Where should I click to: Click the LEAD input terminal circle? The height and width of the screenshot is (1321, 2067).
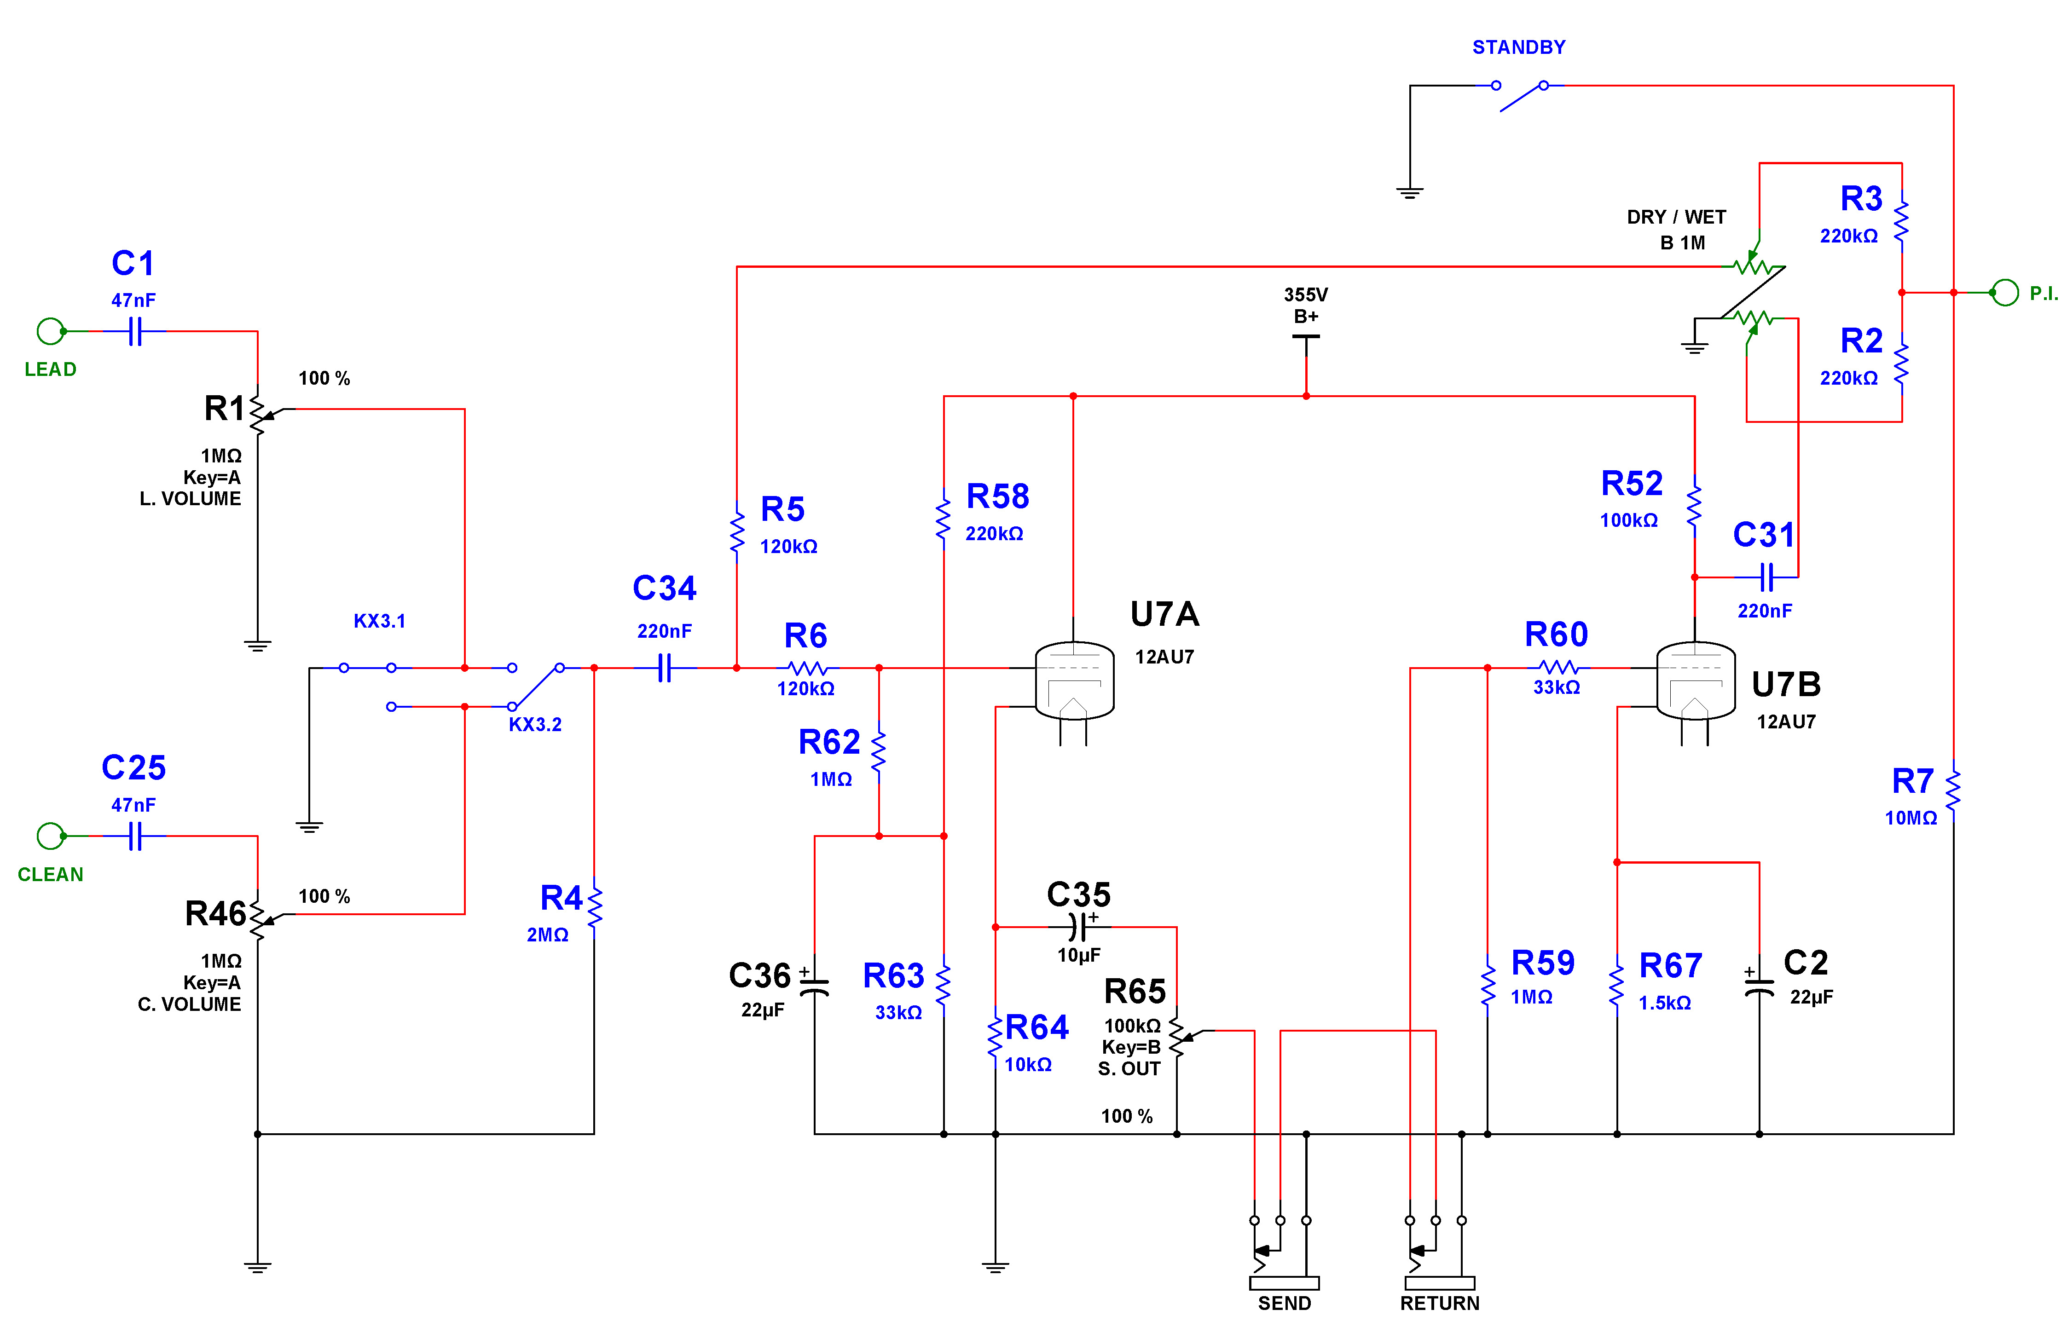(x=51, y=331)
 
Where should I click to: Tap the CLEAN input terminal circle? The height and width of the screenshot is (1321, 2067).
(x=51, y=836)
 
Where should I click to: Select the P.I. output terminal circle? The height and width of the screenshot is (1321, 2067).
(x=2005, y=293)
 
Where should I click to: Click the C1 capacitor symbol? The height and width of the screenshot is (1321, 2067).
(x=134, y=331)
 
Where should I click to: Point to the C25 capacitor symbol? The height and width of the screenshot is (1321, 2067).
(x=134, y=836)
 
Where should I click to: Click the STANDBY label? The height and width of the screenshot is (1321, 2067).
(x=1518, y=47)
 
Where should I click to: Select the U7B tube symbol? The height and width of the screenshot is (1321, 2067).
(x=1695, y=682)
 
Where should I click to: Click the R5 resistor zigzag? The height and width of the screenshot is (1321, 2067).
(x=736, y=532)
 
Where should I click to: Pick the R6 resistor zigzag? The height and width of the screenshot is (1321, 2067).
(x=807, y=668)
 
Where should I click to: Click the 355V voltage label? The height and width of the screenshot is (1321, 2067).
(x=1306, y=294)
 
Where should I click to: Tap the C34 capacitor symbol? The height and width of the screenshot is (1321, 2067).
(x=665, y=668)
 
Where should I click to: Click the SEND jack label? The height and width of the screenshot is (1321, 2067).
(x=1284, y=1303)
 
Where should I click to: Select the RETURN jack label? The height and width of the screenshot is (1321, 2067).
(x=1440, y=1303)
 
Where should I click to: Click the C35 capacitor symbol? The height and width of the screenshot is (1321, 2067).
(x=1079, y=927)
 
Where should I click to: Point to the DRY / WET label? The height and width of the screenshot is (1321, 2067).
(x=1676, y=217)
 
